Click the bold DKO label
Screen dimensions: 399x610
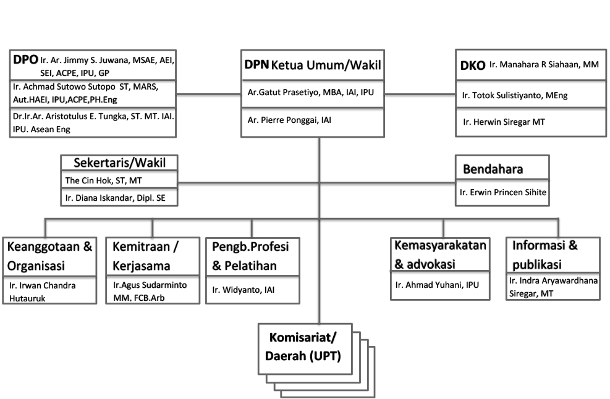[472, 65]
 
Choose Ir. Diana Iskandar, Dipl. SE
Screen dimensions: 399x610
[111, 198]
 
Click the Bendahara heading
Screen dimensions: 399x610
[493, 169]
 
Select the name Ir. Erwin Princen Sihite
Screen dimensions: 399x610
[502, 193]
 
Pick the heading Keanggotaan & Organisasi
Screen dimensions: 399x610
[49, 256]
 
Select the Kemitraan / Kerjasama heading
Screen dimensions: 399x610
[145, 256]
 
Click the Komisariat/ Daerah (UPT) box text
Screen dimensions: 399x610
[303, 347]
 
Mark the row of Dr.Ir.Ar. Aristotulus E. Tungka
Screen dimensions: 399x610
[93, 122]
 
